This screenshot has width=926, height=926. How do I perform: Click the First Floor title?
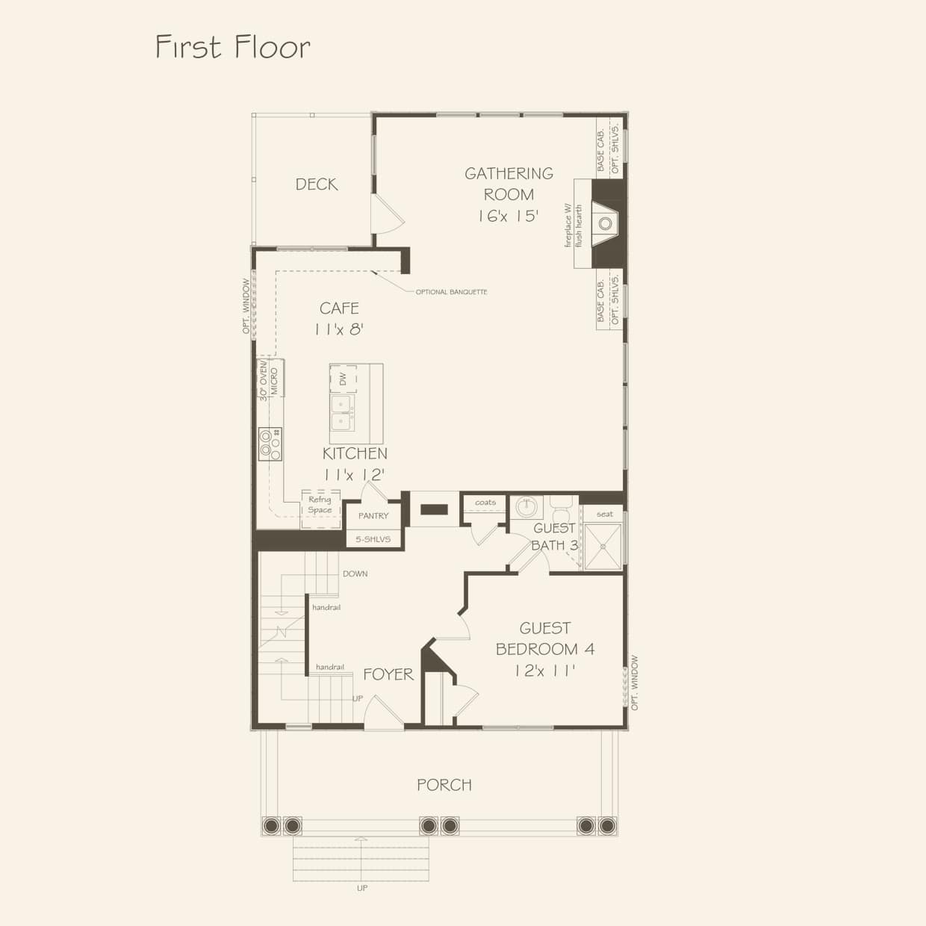[x=232, y=47]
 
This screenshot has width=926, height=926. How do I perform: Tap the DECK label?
[x=316, y=184]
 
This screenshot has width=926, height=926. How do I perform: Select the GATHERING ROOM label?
[x=509, y=184]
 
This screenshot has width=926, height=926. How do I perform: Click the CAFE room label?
[x=339, y=308]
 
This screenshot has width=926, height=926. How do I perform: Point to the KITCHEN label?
[x=355, y=453]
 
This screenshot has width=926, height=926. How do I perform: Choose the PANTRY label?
[x=373, y=516]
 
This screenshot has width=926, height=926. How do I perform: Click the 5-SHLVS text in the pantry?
[x=373, y=539]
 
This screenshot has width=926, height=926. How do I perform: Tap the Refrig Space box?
[x=320, y=506]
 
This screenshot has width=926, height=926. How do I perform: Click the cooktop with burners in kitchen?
[x=270, y=444]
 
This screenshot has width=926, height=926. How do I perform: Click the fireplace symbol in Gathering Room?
[x=606, y=223]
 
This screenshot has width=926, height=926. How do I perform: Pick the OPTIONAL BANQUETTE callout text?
[x=451, y=292]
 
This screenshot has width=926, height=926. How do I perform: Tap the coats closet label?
[x=485, y=503]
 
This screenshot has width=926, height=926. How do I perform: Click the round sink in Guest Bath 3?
[x=526, y=506]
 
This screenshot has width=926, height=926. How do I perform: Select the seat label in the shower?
[x=604, y=514]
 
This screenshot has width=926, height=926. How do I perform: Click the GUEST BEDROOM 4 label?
[x=545, y=639]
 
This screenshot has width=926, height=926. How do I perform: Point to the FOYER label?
[x=388, y=674]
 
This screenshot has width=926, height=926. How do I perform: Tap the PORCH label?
[x=444, y=785]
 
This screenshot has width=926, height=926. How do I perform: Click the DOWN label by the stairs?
[x=355, y=574]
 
